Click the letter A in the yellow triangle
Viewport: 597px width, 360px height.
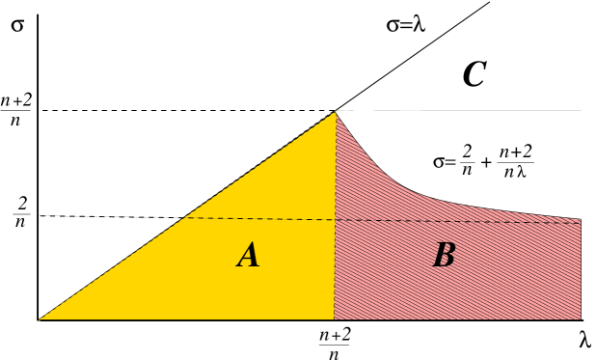click(249, 256)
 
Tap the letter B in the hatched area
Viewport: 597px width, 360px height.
click(444, 256)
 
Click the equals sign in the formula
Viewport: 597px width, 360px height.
click(450, 162)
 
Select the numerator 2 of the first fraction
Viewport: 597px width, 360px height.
click(467, 152)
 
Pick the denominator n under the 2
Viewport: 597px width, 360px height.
click(467, 172)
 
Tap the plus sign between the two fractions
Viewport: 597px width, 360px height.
click(485, 162)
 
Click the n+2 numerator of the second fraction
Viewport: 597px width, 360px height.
click(515, 152)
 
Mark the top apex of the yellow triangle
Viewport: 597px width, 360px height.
click(336, 112)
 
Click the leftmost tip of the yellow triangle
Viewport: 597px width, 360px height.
click(40, 318)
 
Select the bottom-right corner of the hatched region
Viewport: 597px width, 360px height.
click(581, 318)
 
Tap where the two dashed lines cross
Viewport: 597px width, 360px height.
click(335, 220)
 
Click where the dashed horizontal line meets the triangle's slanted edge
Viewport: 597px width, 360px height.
click(181, 218)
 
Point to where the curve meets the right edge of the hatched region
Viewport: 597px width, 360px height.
click(582, 218)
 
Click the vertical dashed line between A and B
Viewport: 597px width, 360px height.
click(335, 270)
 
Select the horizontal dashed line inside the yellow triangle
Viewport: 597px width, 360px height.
click(260, 219)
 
